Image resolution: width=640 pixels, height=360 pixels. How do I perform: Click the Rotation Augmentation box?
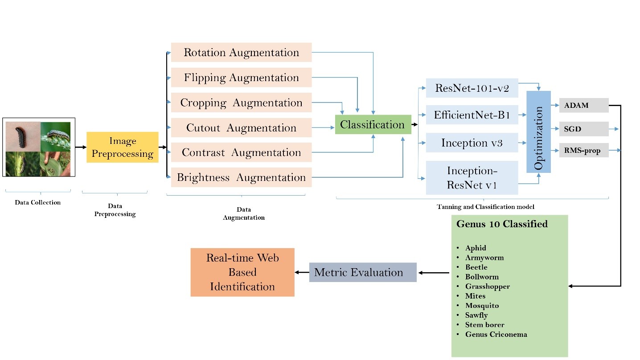(x=241, y=53)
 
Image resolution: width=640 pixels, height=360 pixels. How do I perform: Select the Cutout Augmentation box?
(x=241, y=128)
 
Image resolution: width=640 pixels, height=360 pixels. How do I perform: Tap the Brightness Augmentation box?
(x=241, y=177)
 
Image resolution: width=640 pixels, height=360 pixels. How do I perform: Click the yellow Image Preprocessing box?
(x=123, y=147)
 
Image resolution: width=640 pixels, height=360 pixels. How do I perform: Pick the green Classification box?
(x=373, y=125)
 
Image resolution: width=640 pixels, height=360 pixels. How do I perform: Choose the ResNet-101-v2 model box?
(x=472, y=89)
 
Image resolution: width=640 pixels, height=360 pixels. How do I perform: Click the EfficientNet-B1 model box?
(x=472, y=116)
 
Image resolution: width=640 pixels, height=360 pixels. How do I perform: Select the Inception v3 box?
(x=472, y=143)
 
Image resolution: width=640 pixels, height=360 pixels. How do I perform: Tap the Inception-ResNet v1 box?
(x=472, y=178)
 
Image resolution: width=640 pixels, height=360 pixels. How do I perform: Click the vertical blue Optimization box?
(x=538, y=132)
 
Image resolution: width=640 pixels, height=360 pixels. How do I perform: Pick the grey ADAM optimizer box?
(x=583, y=105)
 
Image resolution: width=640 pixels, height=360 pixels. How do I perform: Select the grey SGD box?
(x=583, y=129)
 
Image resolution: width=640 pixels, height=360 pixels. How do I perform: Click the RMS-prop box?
(x=583, y=151)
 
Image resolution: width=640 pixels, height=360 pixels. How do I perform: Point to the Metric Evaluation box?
(x=363, y=272)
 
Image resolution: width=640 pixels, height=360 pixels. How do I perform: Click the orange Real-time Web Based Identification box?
(x=242, y=272)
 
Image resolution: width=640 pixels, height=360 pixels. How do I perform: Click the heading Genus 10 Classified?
(x=502, y=224)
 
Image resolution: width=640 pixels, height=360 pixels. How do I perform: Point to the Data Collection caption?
(x=38, y=202)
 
